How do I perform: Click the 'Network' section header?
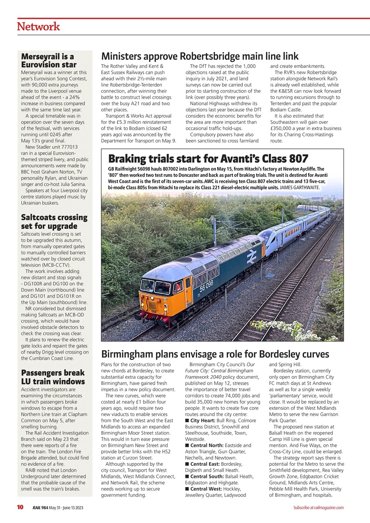(38, 27)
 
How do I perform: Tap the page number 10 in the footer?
(20, 507)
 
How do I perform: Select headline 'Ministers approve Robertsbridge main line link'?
(200, 56)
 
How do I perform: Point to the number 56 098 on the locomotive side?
(206, 286)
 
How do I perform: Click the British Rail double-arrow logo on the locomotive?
(251, 257)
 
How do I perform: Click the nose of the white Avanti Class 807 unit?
(266, 239)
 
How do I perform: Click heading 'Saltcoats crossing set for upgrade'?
(54, 221)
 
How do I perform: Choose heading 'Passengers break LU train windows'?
(53, 377)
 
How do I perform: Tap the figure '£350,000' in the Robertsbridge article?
(283, 128)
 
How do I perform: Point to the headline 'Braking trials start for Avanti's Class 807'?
(208, 159)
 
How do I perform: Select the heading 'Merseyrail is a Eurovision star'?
(49, 60)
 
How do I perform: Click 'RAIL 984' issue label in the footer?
(40, 508)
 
